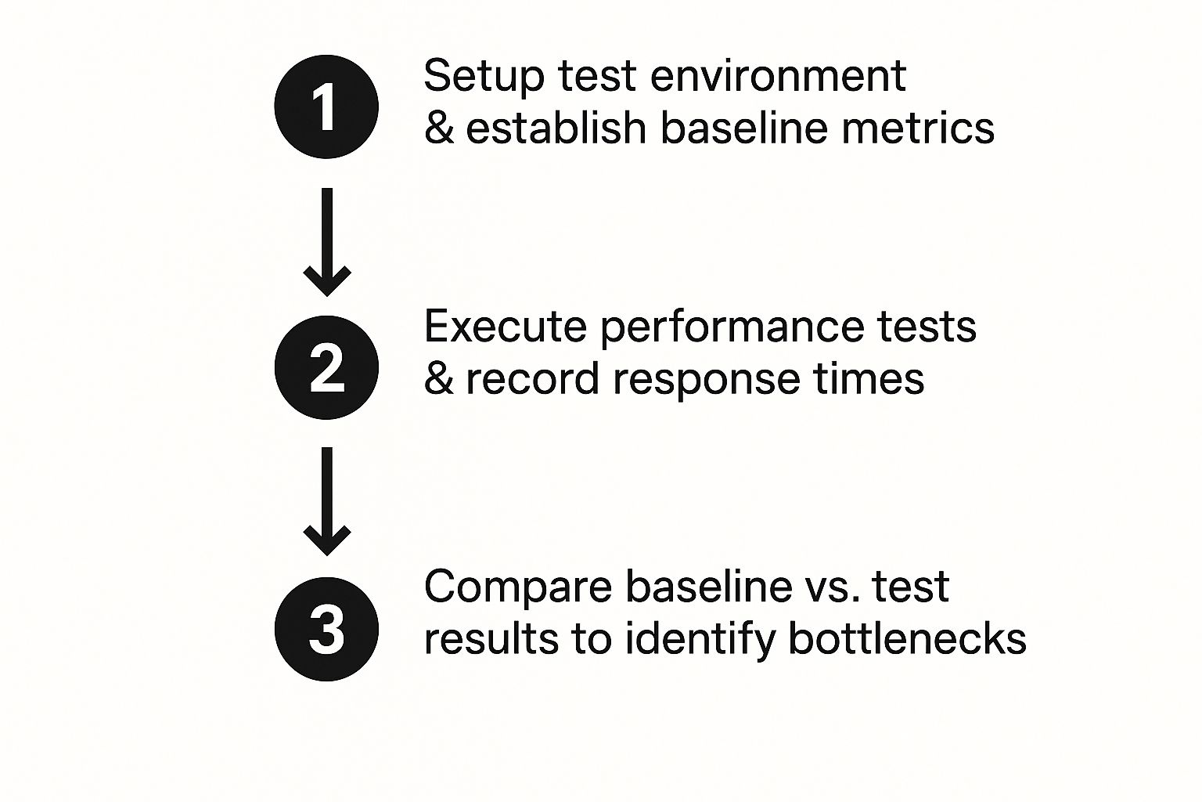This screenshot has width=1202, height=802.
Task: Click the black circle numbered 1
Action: (326, 107)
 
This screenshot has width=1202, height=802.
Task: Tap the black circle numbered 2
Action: (326, 367)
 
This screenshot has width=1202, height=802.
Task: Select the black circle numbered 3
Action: (326, 629)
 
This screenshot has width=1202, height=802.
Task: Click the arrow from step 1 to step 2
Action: (327, 242)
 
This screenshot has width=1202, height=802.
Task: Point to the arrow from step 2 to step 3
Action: (327, 501)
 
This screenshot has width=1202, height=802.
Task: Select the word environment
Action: (778, 76)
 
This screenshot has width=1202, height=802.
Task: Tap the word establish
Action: (556, 128)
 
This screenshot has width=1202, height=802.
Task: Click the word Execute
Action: (505, 327)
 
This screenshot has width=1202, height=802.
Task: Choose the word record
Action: (532, 379)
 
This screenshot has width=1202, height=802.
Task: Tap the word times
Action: (869, 379)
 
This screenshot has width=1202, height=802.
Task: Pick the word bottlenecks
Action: (907, 638)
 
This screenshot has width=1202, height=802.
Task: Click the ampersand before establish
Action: (439, 128)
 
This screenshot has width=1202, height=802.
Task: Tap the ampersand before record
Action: (439, 379)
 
